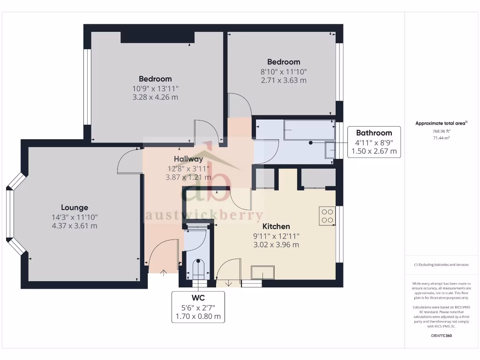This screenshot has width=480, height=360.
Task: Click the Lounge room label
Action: coord(75,207)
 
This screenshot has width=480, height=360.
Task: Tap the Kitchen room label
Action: coord(276,226)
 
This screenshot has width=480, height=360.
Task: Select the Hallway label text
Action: coord(188,159)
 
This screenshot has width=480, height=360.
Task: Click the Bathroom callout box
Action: coord(374,142)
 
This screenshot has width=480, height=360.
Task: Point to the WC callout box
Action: coord(198,307)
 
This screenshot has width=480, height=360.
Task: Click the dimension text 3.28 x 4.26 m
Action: coord(155,97)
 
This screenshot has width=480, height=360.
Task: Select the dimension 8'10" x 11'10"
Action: coord(284,71)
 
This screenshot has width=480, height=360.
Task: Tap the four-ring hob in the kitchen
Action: coord(327,215)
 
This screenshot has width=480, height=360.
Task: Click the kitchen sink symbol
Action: coord(262,272)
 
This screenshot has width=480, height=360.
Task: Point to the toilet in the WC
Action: coord(199,269)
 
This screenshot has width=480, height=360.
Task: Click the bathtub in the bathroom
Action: coord(309,130)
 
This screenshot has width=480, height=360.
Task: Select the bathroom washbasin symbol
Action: coord(330,150)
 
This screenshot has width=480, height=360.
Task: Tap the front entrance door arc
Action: coord(162,255)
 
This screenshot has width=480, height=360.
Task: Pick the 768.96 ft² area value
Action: coord(441,131)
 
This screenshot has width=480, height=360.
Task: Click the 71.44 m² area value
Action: coord(441,138)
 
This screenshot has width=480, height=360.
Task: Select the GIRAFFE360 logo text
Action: coord(441,336)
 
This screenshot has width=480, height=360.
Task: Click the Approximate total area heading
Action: coord(441,123)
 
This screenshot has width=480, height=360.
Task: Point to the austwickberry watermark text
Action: coord(205,215)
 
